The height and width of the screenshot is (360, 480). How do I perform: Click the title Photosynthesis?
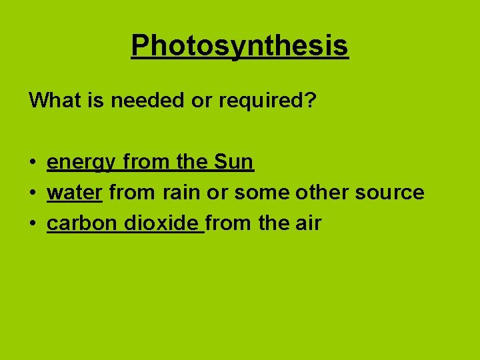pos(239,45)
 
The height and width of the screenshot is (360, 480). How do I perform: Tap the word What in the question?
pos(49,101)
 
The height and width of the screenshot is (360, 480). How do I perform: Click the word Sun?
pos(234,162)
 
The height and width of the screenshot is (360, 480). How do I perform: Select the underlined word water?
pos(74,193)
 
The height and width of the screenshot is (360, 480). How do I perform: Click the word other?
pos(318,193)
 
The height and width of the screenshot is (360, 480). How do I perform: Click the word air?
pos(307,223)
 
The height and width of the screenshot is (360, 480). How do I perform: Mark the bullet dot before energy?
pos(32,163)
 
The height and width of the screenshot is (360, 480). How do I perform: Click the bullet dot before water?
pos(32,193)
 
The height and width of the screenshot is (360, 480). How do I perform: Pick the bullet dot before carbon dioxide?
pos(32,224)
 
